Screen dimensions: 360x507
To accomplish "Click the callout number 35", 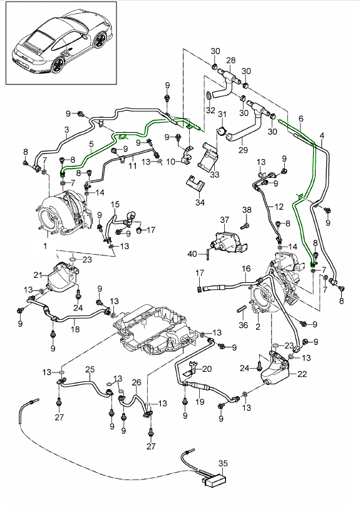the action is click(x=223, y=463).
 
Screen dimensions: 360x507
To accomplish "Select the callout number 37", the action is click(x=225, y=220).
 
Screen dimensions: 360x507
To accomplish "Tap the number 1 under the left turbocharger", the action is click(x=45, y=246).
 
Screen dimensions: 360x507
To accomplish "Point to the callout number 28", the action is click(x=231, y=60).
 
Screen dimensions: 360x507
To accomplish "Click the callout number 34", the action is click(x=200, y=202).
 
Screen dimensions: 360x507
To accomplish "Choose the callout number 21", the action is click(x=38, y=275).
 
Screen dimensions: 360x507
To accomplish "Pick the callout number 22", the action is click(x=302, y=374).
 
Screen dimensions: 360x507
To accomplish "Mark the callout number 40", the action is click(x=192, y=254).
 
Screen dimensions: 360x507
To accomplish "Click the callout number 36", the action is click(x=243, y=325).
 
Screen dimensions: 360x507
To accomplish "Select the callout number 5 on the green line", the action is click(x=91, y=143).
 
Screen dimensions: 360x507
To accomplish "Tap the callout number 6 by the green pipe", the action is click(x=301, y=119).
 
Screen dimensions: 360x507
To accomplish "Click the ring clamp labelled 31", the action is click(x=222, y=131).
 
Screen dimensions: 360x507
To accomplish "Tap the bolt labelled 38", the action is click(x=245, y=225).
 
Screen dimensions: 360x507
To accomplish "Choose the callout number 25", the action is click(x=90, y=369).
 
